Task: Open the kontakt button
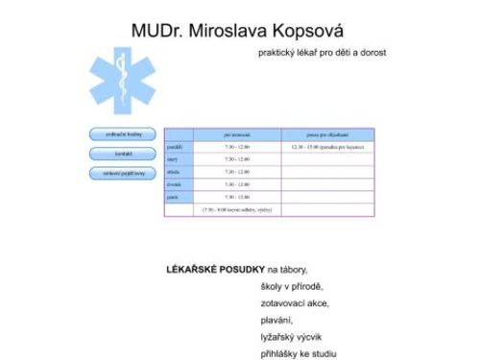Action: (122, 154)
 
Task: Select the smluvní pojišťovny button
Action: (122, 173)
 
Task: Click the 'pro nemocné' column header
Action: (236, 134)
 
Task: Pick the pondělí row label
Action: (174, 147)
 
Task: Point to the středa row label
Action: (174, 171)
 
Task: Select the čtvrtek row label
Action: (175, 183)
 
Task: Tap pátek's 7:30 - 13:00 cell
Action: (236, 196)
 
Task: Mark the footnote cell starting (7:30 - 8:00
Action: (236, 208)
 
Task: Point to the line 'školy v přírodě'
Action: (292, 286)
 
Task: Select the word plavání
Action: (276, 320)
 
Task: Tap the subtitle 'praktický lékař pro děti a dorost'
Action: (323, 52)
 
